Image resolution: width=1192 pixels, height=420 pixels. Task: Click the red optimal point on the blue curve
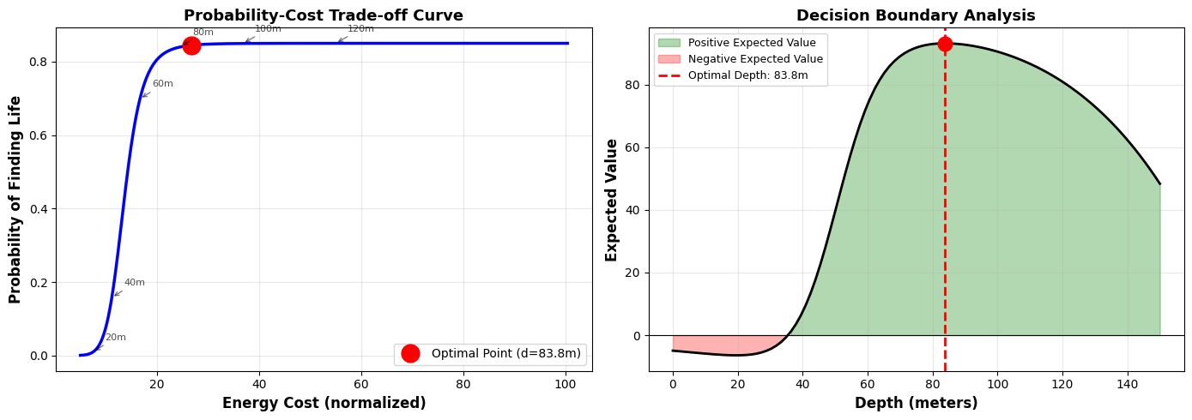191,45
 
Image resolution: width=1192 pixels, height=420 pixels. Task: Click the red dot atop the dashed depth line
945,44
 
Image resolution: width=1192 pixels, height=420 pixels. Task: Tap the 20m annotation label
115,338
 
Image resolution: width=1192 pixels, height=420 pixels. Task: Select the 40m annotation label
134,283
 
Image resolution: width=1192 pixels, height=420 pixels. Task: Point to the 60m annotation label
162,84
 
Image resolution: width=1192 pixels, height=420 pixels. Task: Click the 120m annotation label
360,29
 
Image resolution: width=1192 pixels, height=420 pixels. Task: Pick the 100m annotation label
268,29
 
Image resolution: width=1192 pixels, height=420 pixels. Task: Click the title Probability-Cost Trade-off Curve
324,15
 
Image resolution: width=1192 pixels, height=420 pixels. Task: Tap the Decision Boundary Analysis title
916,15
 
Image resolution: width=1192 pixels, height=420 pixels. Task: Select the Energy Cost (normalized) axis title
324,403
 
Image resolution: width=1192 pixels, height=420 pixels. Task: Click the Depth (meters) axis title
916,403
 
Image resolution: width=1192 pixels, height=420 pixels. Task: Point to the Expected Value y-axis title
612,200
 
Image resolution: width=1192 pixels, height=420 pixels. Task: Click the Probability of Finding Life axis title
15,200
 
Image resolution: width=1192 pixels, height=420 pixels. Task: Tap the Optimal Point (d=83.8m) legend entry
505,354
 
